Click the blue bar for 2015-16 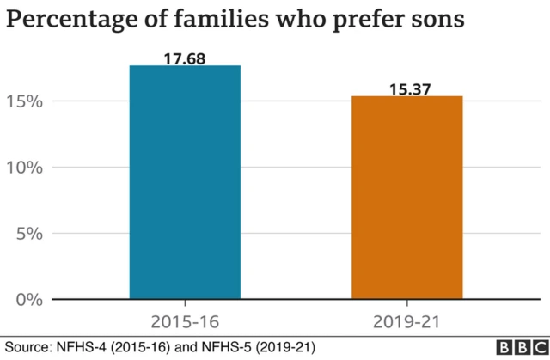185,182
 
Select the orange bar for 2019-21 406,198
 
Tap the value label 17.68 185,58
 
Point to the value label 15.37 406,88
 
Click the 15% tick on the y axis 25,101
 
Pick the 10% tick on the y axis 25,167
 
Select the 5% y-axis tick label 30,233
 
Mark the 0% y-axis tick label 30,299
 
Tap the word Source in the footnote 26,348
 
